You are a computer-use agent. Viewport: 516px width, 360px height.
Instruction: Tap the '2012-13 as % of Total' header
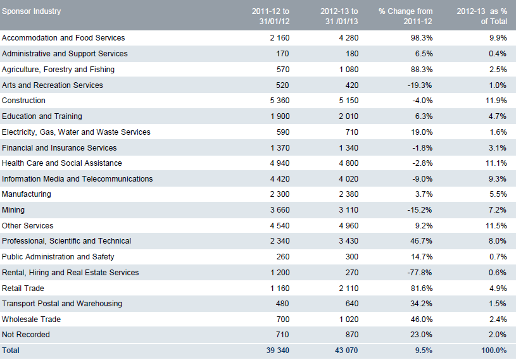coord(482,16)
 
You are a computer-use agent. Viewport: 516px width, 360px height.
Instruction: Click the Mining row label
coord(13,210)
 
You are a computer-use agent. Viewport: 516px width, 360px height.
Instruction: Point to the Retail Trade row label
coord(23,288)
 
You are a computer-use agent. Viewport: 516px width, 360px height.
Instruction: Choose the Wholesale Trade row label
coord(31,320)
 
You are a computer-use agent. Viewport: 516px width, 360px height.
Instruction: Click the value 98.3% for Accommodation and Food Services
coord(422,38)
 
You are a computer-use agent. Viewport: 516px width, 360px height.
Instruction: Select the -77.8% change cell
coord(420,273)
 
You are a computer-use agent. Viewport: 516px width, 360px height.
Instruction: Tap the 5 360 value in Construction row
coord(277,101)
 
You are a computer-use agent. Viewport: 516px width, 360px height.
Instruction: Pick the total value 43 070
coord(345,351)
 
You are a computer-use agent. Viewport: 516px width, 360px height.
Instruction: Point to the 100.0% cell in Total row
coord(493,351)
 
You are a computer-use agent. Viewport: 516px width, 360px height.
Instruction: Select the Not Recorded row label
coord(26,335)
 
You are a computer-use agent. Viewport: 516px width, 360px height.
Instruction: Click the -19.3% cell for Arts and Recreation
coord(420,85)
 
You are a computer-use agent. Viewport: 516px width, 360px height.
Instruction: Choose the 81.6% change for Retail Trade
coord(422,288)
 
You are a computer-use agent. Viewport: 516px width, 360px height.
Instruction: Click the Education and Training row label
coord(42,116)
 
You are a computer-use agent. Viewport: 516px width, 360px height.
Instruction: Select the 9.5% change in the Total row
coord(424,351)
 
